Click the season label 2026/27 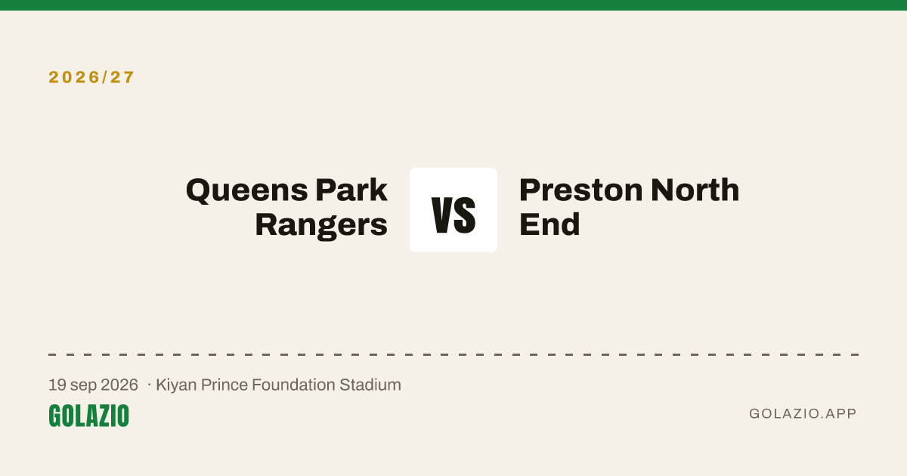[91, 77]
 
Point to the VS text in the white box [453, 215]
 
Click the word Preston [581, 190]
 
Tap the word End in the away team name [549, 224]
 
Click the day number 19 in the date [57, 385]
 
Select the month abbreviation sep [83, 386]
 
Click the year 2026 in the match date [119, 385]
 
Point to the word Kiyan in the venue [176, 385]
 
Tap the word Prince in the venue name [224, 385]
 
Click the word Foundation [293, 385]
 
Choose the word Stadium [370, 385]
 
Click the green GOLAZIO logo [88, 416]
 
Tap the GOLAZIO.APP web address [803, 413]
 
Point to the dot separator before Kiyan [150, 385]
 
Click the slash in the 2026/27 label [104, 77]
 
